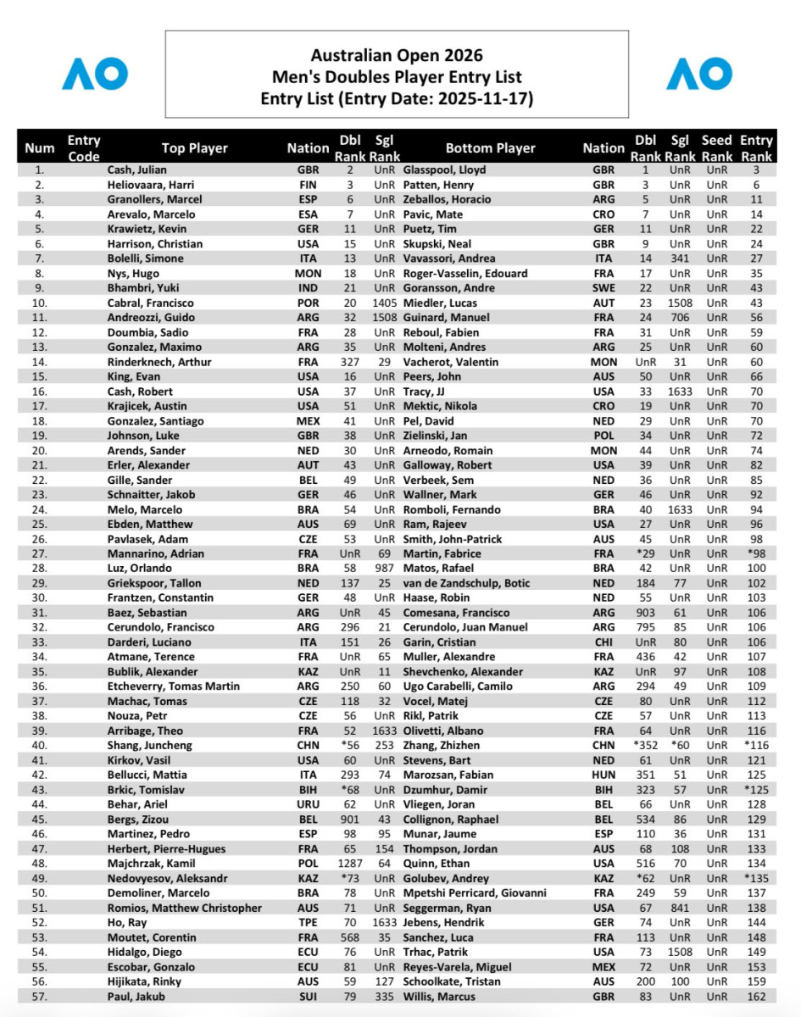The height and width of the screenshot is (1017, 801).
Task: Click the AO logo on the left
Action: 95,74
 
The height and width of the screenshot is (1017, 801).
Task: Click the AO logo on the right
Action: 699,74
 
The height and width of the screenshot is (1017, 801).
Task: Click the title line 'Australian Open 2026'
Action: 397,56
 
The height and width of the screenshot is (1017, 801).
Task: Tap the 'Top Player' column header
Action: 195,148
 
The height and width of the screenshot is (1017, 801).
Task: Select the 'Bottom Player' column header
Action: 490,148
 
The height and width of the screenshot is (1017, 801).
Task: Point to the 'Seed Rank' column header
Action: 717,148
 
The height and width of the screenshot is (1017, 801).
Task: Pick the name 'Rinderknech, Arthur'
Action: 159,362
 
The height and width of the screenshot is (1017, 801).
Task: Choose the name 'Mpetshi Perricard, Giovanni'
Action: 475,892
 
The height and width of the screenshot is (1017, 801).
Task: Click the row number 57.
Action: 39,996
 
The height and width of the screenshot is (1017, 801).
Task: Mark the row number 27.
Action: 39,553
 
